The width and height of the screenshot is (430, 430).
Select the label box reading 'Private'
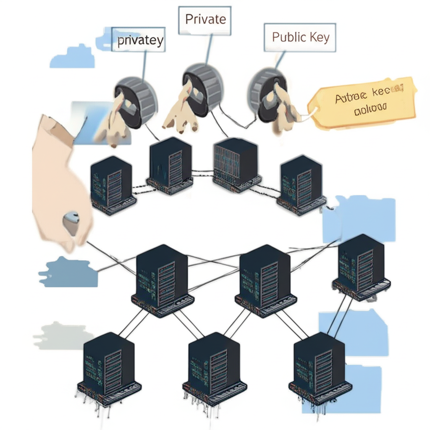205,19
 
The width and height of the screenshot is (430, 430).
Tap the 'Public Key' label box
300,37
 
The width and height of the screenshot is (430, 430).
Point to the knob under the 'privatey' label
135,101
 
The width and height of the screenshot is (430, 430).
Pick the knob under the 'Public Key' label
267,95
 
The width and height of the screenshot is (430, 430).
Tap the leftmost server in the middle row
162,279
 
